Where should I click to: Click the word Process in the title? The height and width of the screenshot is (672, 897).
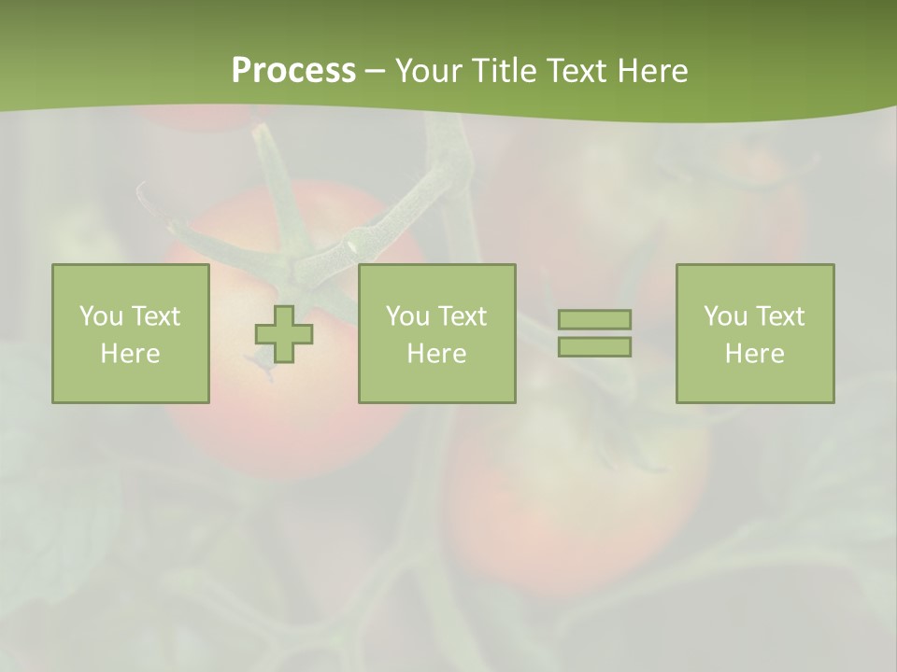[293, 71]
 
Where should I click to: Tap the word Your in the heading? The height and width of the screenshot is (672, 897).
[430, 71]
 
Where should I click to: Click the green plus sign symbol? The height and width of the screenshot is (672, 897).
[284, 334]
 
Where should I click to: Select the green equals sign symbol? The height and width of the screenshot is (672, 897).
[594, 333]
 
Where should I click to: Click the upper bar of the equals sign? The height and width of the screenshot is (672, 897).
[594, 320]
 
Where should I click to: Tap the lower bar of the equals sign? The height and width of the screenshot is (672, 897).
[594, 346]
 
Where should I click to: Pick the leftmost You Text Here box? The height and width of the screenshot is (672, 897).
[130, 334]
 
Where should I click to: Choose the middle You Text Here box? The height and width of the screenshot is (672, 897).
[436, 334]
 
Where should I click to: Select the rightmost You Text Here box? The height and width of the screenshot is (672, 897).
[754, 334]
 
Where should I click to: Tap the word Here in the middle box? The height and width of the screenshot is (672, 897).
[436, 354]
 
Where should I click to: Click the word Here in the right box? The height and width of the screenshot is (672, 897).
[754, 354]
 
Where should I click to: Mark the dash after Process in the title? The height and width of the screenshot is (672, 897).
[376, 71]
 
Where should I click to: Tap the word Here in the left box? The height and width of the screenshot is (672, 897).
[130, 354]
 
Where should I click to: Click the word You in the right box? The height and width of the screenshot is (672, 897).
[725, 316]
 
